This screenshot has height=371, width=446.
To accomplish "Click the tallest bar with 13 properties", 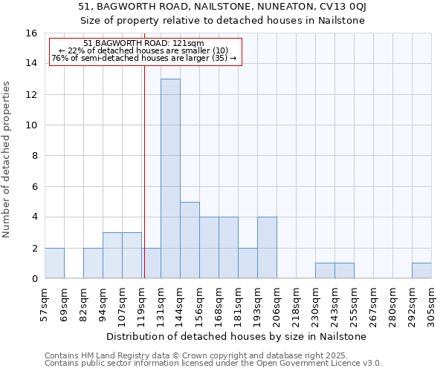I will click(x=170, y=178).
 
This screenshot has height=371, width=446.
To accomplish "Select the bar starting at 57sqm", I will click(x=54, y=263).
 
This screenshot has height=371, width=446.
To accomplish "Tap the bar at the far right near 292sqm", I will click(x=421, y=271).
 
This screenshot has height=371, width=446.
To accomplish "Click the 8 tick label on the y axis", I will click(x=34, y=156).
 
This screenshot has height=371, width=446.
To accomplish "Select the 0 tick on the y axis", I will click(x=34, y=279).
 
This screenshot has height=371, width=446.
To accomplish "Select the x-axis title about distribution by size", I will click(x=237, y=336).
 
